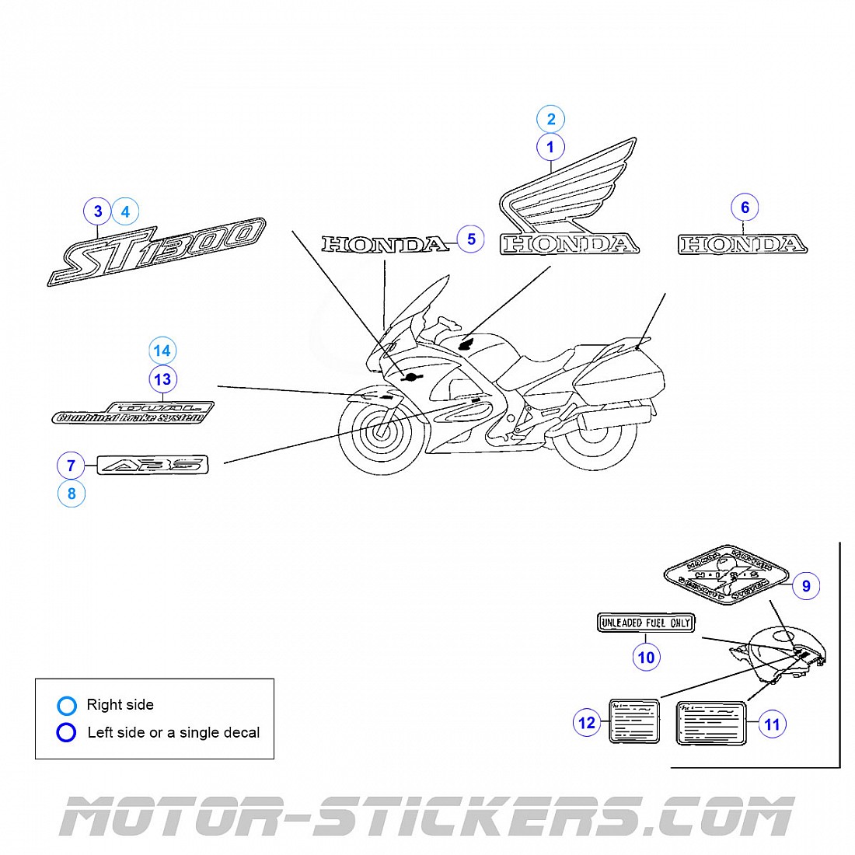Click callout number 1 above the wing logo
(x=550, y=147)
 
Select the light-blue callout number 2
(x=551, y=119)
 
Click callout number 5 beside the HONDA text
(x=471, y=239)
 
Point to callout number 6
(x=745, y=208)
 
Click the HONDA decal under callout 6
(x=742, y=245)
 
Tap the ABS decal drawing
(x=152, y=466)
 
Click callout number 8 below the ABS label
(x=72, y=494)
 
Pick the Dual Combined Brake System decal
(x=133, y=413)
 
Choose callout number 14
(x=162, y=351)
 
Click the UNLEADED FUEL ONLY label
(x=645, y=623)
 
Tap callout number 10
(x=646, y=657)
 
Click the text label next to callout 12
(x=634, y=721)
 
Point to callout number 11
(x=772, y=724)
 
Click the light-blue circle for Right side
(x=67, y=706)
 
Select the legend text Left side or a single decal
(x=173, y=732)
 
